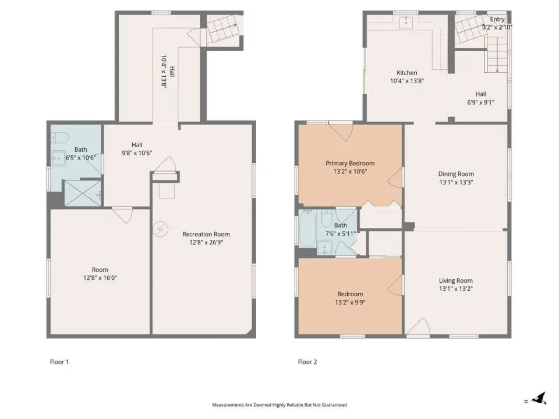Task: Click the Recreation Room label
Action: coord(206,234)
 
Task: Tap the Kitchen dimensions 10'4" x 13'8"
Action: coord(407,81)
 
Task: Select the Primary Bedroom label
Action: coord(350,163)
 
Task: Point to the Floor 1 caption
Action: coord(59,362)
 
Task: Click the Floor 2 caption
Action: coord(307,362)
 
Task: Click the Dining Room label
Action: coord(456,174)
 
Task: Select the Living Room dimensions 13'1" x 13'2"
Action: coord(456,289)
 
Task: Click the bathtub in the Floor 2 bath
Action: coord(307,228)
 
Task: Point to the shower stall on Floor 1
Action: coord(82,193)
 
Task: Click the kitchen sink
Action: coord(406,22)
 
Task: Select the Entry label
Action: coord(497,19)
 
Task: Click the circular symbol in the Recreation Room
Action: coord(161,229)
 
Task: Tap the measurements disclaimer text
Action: coord(279,405)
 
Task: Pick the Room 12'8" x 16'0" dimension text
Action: coord(100,278)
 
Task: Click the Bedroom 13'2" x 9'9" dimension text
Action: coord(350,303)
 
